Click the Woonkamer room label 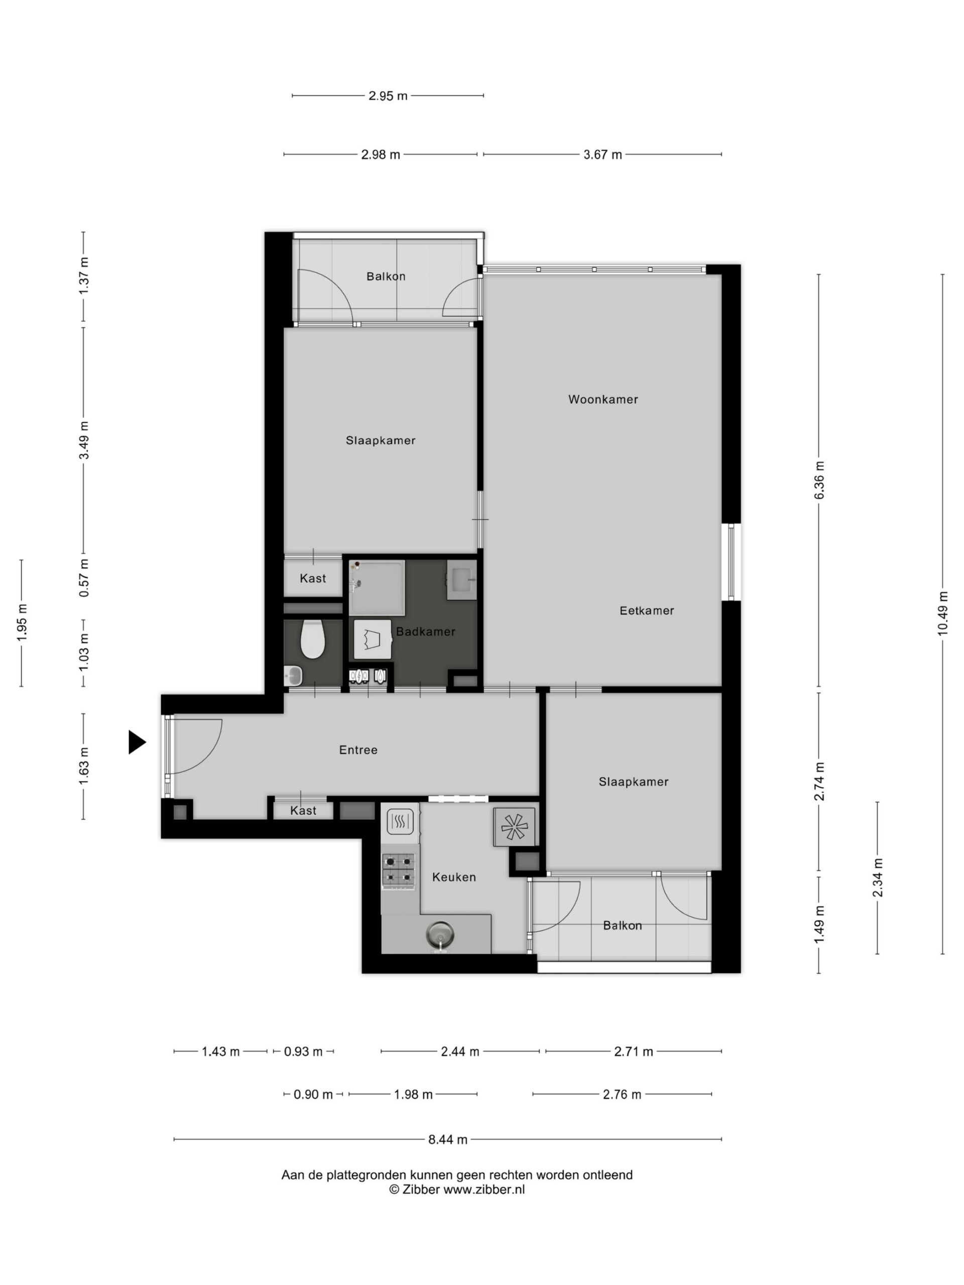(602, 399)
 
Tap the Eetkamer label (646, 610)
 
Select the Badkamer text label (425, 631)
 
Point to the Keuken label (454, 877)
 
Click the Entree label (358, 750)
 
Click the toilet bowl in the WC (312, 639)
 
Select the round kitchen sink (440, 935)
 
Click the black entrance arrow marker (137, 742)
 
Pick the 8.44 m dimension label (447, 1140)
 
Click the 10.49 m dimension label (942, 613)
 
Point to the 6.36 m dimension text (819, 480)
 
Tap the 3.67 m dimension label (602, 155)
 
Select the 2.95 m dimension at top (388, 96)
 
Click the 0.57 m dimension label (84, 578)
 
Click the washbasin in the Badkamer (461, 580)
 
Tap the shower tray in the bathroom (377, 587)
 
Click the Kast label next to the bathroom (313, 579)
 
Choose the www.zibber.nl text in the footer (484, 1189)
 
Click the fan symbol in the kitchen (514, 827)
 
